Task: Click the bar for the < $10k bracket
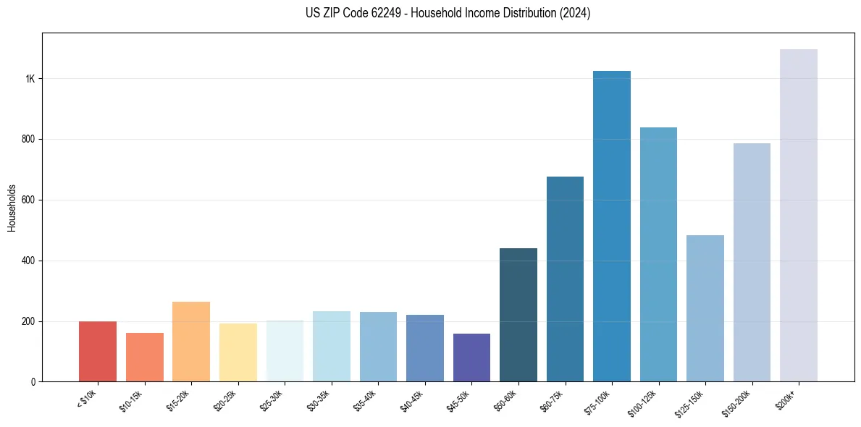tap(98, 352)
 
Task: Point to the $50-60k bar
tap(518, 315)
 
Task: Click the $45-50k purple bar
tap(471, 358)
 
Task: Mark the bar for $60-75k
tap(565, 279)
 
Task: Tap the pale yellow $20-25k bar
tap(238, 352)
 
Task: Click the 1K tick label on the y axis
tap(29, 79)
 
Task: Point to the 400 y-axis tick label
tap(28, 261)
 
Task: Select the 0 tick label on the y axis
tap(32, 382)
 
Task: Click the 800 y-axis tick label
tap(28, 139)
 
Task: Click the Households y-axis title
tap(12, 207)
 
